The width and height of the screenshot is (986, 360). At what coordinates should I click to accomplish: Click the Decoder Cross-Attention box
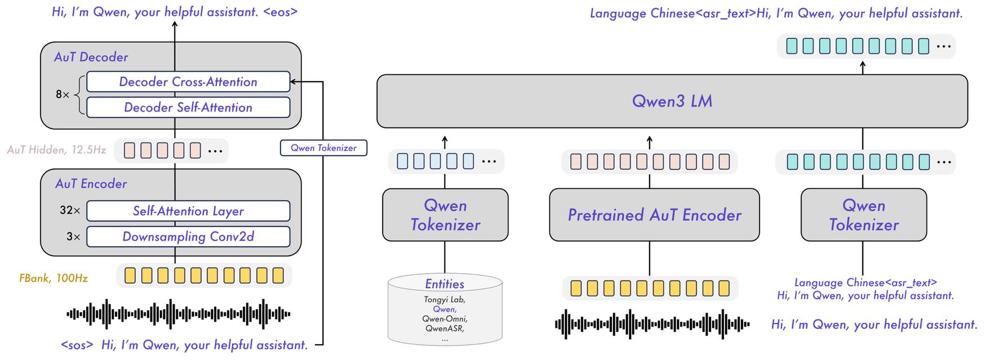click(x=188, y=82)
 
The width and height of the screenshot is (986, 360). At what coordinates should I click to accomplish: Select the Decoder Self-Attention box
click(x=188, y=107)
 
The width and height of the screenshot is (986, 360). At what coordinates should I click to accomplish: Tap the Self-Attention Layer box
click(x=188, y=211)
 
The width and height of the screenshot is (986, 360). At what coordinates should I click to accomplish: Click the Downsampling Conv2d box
click(x=188, y=237)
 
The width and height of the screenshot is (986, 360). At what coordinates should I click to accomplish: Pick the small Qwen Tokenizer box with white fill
click(x=323, y=148)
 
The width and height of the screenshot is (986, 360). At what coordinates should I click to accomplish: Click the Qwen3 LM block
click(x=672, y=101)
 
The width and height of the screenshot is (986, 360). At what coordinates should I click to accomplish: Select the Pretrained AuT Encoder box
click(x=654, y=215)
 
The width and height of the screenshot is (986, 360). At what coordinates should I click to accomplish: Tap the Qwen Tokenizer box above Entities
click(x=445, y=215)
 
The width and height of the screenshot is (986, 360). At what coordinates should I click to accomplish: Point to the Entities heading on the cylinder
click(x=445, y=284)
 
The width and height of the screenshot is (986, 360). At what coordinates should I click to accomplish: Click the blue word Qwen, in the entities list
click(x=445, y=309)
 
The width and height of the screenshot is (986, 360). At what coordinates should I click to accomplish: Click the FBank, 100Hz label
click(x=54, y=278)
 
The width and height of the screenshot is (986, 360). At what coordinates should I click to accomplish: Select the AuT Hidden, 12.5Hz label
click(x=56, y=150)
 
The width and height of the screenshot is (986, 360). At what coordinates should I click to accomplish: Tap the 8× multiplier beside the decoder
click(x=62, y=95)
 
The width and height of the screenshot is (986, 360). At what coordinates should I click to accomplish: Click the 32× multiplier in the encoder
click(x=70, y=210)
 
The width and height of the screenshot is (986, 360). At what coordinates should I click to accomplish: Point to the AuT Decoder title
click(x=91, y=57)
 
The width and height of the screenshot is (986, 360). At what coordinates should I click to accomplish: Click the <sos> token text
click(x=77, y=345)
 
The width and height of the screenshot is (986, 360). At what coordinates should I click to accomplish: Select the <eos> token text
click(x=280, y=12)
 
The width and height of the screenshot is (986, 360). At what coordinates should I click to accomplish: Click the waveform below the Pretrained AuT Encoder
click(x=652, y=324)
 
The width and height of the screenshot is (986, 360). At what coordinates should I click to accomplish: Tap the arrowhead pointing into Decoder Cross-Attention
click(x=294, y=82)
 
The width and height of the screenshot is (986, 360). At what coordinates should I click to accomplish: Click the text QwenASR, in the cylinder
click(x=445, y=328)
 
